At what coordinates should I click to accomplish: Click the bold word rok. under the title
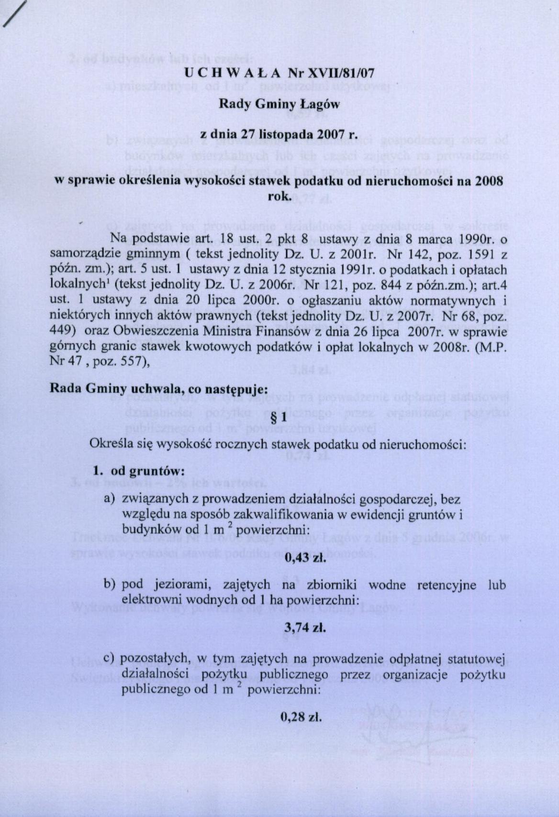[279, 196]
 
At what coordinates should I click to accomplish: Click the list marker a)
[110, 499]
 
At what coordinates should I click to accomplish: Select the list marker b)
[110, 585]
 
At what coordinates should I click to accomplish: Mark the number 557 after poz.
[135, 361]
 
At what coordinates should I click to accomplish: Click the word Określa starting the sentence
[108, 443]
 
